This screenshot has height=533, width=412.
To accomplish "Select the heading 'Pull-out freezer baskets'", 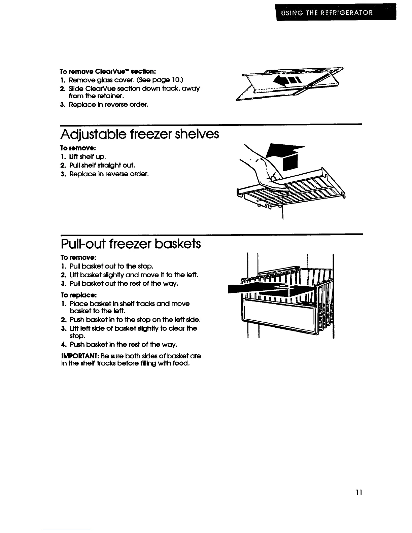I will [x=131, y=243].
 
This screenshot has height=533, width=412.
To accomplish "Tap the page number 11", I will [x=358, y=492].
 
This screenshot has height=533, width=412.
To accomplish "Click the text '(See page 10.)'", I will [x=164, y=79].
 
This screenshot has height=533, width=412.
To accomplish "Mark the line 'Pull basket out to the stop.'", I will [x=111, y=266].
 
